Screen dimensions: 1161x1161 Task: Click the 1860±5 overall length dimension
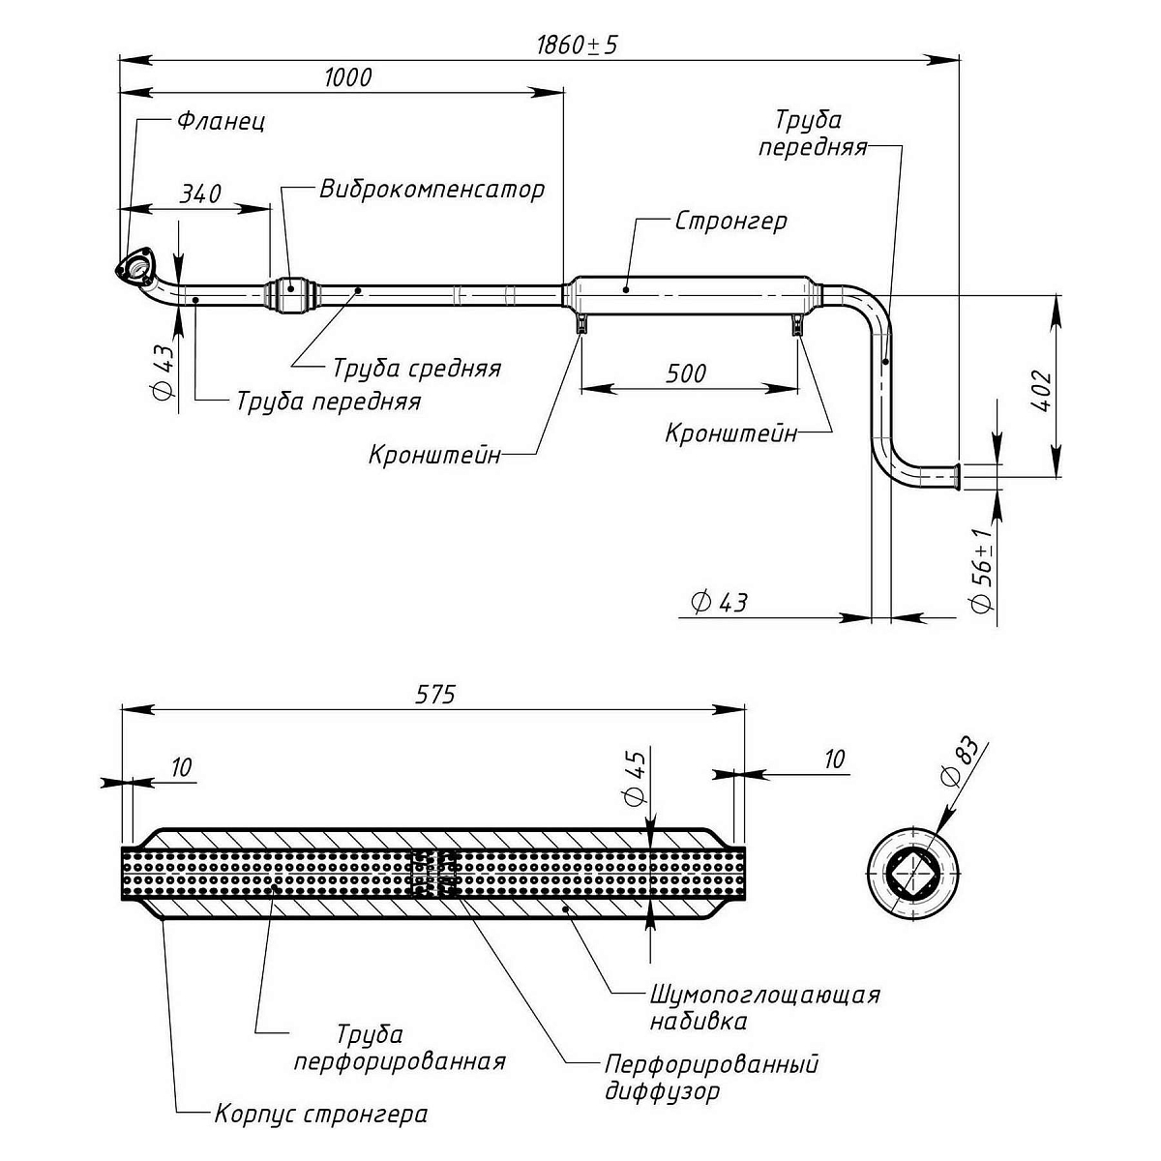577,45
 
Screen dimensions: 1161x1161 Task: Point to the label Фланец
221,122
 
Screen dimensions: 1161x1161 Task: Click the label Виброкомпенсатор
432,189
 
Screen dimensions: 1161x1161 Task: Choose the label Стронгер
730,221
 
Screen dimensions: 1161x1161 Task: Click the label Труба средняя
417,369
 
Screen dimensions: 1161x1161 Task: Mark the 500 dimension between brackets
687,373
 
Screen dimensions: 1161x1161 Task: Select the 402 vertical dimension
1042,390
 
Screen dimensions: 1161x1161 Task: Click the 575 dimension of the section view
435,694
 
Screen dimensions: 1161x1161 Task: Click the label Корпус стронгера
320,1114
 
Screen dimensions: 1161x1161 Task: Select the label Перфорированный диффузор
711,1078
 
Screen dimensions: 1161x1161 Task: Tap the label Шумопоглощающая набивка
764,1007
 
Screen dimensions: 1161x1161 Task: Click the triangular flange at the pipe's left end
135,266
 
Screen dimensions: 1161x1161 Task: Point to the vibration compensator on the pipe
292,290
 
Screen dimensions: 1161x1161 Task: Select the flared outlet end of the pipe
954,475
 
